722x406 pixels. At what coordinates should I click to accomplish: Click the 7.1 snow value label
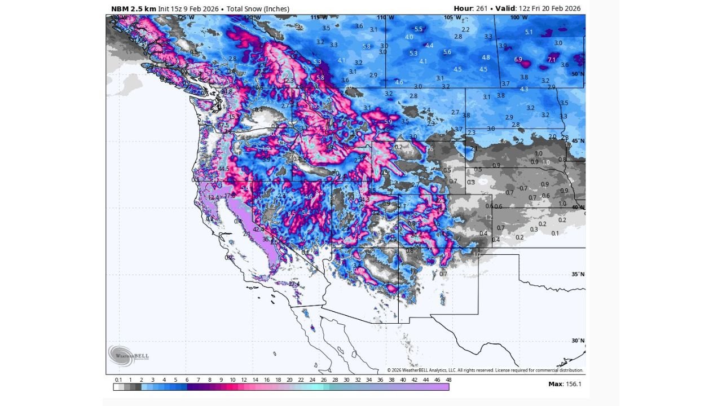(552, 60)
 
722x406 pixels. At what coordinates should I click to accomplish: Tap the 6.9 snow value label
(518, 59)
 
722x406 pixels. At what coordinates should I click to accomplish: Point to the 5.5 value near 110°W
(419, 29)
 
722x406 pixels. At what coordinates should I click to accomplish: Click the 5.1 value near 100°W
(529, 32)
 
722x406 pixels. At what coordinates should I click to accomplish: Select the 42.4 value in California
(258, 230)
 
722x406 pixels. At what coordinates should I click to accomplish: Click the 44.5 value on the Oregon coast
(223, 169)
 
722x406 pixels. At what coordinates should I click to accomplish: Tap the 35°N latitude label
(577, 275)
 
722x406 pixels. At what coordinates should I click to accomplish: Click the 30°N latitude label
(577, 341)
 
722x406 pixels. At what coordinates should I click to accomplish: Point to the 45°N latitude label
(577, 140)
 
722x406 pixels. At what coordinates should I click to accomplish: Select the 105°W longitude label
(449, 17)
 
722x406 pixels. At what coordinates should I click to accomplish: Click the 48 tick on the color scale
(448, 380)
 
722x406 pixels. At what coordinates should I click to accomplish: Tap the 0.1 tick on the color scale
(118, 380)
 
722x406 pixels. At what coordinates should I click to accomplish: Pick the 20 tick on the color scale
(289, 380)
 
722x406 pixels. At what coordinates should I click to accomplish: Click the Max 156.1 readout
(565, 384)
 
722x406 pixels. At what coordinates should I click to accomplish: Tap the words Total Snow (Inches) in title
(258, 8)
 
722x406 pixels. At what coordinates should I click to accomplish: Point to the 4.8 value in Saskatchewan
(486, 58)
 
